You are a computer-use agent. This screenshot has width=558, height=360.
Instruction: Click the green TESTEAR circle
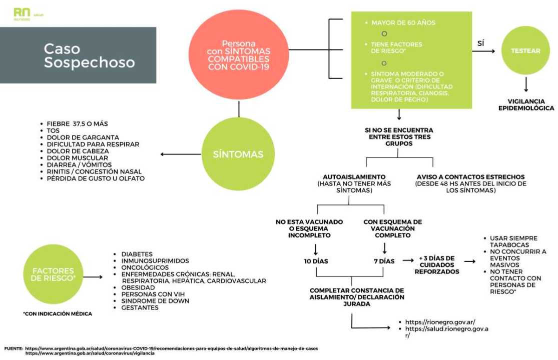525,50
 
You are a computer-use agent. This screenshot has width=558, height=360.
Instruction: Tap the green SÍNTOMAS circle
238,154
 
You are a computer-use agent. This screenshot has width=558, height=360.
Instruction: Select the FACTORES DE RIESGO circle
53,274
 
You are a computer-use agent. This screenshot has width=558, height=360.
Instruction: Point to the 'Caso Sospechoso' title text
89,55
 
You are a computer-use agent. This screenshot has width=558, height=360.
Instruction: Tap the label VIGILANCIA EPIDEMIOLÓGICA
526,104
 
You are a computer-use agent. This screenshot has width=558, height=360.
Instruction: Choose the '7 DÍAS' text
383,261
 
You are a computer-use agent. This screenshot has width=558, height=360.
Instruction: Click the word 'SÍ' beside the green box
480,43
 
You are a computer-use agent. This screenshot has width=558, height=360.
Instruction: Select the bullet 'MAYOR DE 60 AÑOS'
403,22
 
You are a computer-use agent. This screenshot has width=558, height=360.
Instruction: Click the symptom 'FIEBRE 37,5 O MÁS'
77,123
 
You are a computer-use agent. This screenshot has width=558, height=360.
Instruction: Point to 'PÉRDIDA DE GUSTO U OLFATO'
96,178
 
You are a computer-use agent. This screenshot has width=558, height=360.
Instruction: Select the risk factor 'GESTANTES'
140,307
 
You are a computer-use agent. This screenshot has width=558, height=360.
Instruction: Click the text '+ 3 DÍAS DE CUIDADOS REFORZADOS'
436,264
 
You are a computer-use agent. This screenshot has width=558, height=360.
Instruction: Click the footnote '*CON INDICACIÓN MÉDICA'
58,313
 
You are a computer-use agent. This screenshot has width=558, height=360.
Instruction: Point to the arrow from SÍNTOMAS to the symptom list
178,154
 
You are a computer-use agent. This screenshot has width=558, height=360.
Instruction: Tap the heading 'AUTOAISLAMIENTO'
353,176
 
